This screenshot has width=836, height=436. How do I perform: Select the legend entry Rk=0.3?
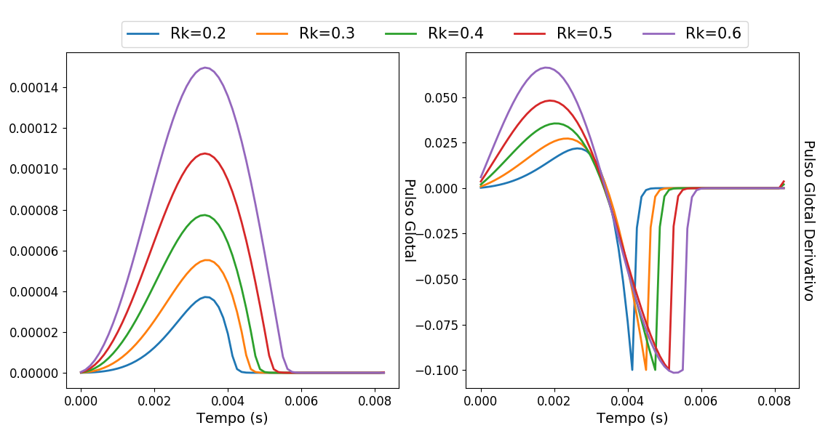(305, 34)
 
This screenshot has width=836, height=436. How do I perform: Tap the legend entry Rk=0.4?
(434, 34)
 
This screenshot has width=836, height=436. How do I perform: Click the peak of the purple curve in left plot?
(206, 68)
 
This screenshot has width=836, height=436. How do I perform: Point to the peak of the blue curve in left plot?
(207, 296)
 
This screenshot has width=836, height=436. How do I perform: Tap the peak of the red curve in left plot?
(205, 153)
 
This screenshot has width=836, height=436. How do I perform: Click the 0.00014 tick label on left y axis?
(34, 88)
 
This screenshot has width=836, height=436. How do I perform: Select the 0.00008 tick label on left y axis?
(34, 210)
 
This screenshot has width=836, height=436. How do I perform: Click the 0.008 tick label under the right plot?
(775, 400)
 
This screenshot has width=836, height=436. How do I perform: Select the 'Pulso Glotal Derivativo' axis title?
(808, 220)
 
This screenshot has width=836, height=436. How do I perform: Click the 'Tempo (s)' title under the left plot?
(232, 418)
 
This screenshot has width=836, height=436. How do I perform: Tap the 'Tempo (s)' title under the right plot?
(632, 418)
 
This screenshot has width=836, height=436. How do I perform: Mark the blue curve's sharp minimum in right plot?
(632, 370)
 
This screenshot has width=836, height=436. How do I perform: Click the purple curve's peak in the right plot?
(546, 68)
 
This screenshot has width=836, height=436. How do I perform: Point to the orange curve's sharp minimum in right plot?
(645, 370)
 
